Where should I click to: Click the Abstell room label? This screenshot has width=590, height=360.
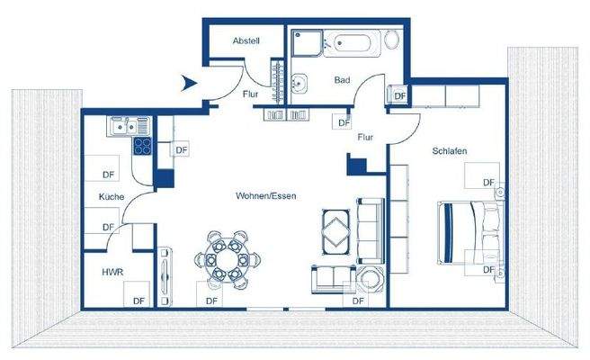[246, 41]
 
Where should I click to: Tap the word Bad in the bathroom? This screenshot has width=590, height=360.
[341, 80]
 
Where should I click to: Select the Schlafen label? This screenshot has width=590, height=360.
[449, 151]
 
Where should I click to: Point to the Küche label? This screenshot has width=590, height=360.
[112, 197]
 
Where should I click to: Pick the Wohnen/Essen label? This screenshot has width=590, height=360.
[266, 195]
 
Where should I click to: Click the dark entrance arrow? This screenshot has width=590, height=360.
[189, 83]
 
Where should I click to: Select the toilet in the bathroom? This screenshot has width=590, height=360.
[392, 40]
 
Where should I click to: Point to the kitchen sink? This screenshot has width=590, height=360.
[121, 127]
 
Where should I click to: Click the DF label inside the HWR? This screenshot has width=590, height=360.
[139, 301]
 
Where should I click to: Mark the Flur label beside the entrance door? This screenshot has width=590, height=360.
[251, 93]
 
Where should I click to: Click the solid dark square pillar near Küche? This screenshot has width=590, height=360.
[164, 177]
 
